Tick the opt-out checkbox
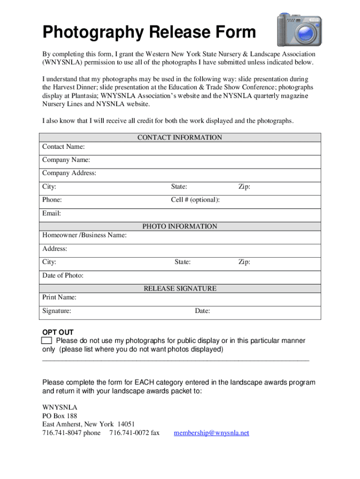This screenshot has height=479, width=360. click(46, 340)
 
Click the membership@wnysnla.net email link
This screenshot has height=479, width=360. click(211, 433)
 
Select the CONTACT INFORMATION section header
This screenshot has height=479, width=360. click(180, 138)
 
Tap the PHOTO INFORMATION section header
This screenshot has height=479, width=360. click(180, 226)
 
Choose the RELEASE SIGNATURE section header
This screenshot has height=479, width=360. click(180, 289)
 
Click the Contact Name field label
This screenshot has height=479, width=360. click(63, 147)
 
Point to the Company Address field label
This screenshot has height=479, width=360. click(69, 173)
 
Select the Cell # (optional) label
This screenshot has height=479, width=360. click(195, 200)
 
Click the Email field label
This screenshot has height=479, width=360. click(51, 213)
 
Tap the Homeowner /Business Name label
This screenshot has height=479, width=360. click(84, 235)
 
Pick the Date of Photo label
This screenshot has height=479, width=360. click(63, 276)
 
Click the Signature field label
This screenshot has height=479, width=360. click(57, 311)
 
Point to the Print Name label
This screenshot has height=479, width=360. click(59, 298)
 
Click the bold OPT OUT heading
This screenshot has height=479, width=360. click(58, 332)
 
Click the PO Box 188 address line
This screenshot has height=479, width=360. click(59, 416)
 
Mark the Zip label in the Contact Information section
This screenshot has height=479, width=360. click(244, 187)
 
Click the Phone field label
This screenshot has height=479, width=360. click(52, 200)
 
